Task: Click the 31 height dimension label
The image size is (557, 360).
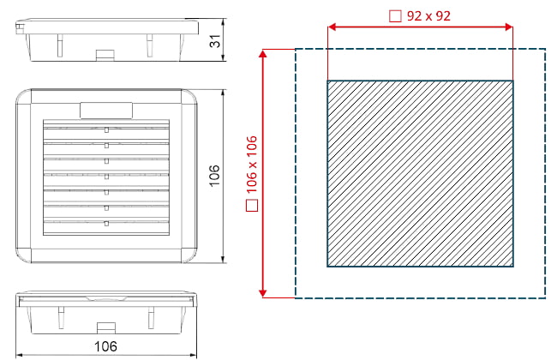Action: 215,41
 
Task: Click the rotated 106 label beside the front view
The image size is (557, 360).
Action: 214,176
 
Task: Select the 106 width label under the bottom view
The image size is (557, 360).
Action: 105,346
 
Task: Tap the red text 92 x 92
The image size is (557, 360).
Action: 428,16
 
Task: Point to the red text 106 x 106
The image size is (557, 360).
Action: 251,165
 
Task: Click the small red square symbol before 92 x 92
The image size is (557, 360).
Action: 395,16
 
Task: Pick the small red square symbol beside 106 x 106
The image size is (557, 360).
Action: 252,206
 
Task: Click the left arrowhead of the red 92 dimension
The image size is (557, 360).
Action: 332,27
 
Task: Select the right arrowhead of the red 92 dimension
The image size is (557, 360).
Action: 509,27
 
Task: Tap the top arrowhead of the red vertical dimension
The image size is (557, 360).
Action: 263,54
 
